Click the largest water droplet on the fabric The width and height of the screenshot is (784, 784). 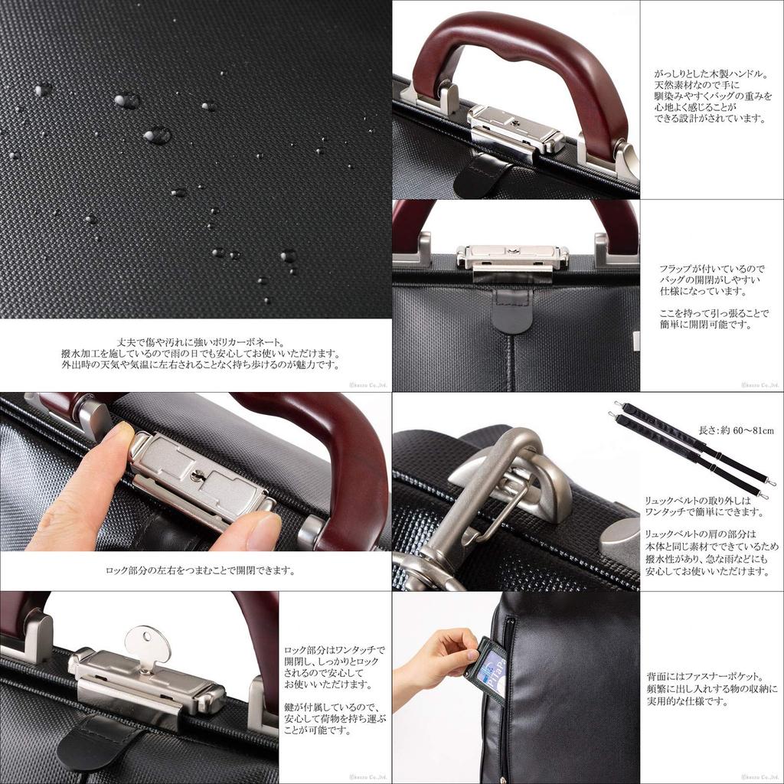click(x=157, y=136)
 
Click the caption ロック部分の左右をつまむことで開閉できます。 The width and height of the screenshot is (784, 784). click(x=200, y=570)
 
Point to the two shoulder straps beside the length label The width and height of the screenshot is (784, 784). click(x=692, y=449)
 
